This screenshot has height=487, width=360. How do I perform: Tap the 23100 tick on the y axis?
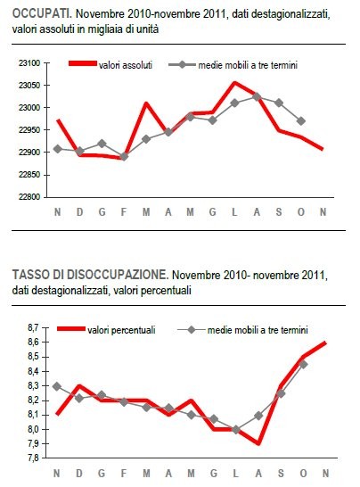click(x=29, y=63)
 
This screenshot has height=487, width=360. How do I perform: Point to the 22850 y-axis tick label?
click(x=29, y=175)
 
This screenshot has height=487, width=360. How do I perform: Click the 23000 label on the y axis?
click(x=29, y=108)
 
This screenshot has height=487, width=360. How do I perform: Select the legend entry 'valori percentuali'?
click(x=125, y=330)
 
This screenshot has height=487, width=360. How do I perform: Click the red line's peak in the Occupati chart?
click(x=233, y=83)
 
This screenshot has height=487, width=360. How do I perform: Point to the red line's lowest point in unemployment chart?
click(x=258, y=443)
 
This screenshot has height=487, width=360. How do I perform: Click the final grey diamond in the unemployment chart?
click(x=303, y=364)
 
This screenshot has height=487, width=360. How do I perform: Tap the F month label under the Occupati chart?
click(x=124, y=211)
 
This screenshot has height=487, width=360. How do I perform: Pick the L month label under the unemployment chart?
click(x=236, y=473)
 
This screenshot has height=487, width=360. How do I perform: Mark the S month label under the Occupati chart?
click(x=279, y=211)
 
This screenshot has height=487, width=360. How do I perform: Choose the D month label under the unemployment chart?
click(x=80, y=473)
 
